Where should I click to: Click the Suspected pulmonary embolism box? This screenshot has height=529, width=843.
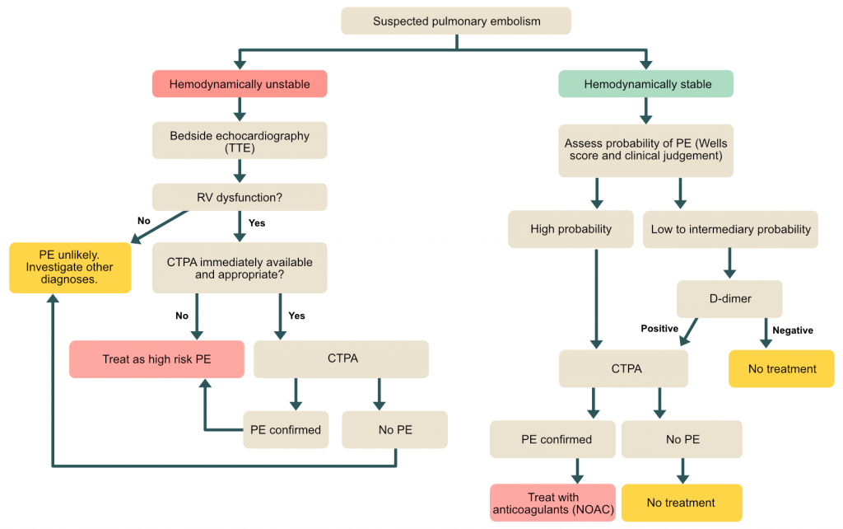point(456,21)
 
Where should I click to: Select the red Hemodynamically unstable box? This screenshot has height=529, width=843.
point(240,84)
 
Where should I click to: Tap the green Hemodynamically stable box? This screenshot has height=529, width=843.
point(646,84)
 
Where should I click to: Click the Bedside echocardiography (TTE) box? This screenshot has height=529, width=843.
point(240,141)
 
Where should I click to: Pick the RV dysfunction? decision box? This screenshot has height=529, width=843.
point(240,198)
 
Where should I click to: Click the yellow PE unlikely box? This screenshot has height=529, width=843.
point(70,268)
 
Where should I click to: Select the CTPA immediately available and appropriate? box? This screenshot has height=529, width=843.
point(240,268)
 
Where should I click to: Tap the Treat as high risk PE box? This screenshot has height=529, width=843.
point(156,359)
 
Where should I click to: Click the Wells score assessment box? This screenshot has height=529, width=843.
point(646,150)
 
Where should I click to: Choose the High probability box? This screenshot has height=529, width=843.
point(571,229)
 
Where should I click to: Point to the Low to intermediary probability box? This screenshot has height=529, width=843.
point(730,229)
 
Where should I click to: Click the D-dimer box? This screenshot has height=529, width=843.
point(729,299)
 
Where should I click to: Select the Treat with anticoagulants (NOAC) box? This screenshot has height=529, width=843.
point(552,503)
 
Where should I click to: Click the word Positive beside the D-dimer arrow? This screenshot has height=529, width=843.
point(659,329)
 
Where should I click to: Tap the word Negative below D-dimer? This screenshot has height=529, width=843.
point(792,330)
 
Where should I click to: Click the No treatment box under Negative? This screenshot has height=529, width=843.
point(782,368)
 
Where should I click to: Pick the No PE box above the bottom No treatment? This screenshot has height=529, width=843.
point(682,439)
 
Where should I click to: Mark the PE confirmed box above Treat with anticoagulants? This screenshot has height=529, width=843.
point(552,439)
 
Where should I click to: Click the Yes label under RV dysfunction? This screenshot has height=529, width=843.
point(257,222)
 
